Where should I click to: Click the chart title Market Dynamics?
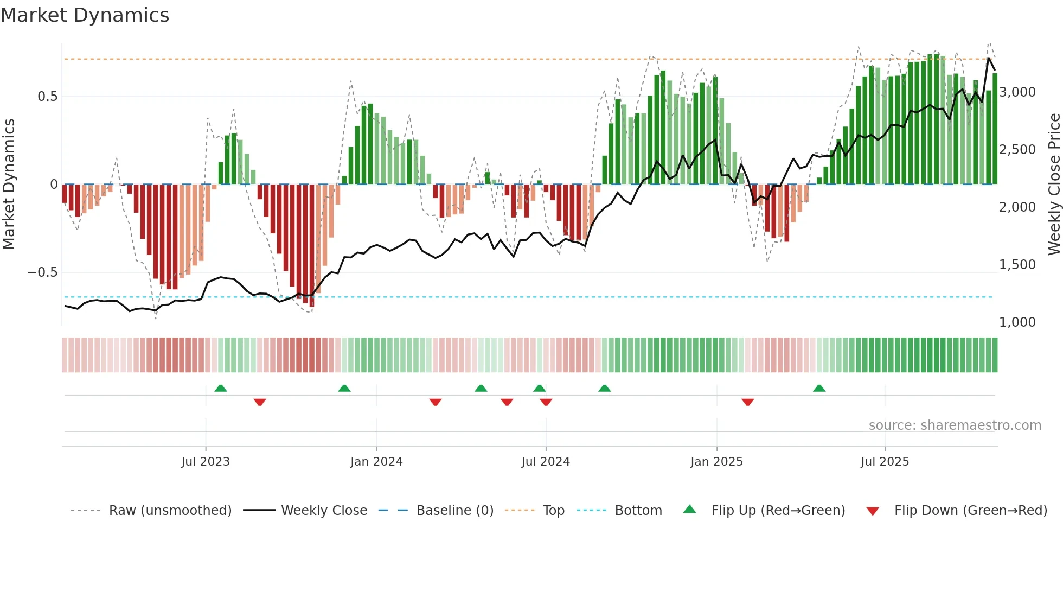[85, 15]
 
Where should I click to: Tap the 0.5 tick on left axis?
[47, 97]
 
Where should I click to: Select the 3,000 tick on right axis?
[1017, 92]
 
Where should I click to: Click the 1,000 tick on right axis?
[1017, 322]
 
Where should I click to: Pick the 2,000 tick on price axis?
[1017, 207]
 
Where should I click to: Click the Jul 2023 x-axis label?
[206, 462]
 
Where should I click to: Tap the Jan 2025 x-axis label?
[716, 462]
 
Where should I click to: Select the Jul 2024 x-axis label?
[546, 462]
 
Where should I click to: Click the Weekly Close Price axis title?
[1054, 185]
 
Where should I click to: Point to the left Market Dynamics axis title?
[9, 185]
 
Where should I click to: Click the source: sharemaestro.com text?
[955, 425]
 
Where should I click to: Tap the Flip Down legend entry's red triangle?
[873, 511]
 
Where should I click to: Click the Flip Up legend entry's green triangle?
[689, 510]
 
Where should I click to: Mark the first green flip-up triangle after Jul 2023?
[221, 389]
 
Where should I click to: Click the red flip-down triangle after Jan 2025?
[748, 402]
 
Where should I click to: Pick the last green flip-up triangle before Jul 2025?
[819, 389]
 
